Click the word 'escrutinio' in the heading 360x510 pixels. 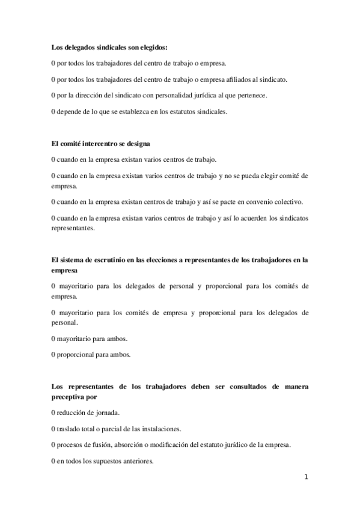point(101,260)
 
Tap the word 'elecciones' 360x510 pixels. point(157,260)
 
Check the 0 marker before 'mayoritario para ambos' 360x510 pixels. point(53,338)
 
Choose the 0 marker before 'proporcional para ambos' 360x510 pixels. point(53,354)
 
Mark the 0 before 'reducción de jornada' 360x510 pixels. point(53,413)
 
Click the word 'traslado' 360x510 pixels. point(69,429)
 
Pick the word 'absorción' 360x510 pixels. point(142,445)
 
